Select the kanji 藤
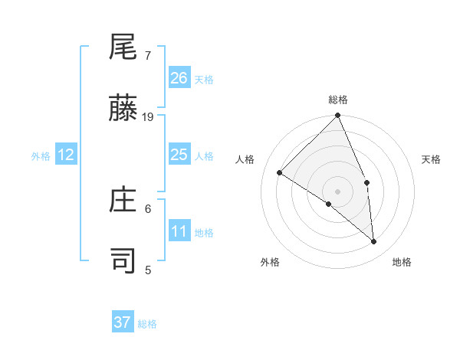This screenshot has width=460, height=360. [x=123, y=110]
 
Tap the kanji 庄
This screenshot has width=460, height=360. [x=123, y=201]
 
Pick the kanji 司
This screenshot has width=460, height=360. [x=123, y=261]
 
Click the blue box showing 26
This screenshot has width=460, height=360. [x=179, y=77]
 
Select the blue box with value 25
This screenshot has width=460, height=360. [x=179, y=155]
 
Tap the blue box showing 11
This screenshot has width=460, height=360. [x=179, y=231]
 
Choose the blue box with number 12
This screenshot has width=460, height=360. [x=66, y=155]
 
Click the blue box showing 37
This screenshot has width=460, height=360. [x=123, y=322]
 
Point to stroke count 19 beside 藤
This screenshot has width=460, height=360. [x=148, y=117]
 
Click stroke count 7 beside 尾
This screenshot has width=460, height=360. [x=148, y=56]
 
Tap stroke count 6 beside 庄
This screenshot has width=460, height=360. [x=148, y=208]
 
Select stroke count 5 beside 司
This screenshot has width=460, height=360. [x=148, y=270]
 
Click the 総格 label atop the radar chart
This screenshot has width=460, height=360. [x=338, y=100]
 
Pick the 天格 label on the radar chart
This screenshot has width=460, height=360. [x=431, y=159]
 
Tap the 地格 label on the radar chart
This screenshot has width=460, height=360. [x=402, y=262]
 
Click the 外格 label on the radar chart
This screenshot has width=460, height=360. [x=270, y=262]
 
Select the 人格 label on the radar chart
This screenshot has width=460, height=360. [x=245, y=159]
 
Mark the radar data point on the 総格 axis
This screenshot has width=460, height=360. [x=338, y=116]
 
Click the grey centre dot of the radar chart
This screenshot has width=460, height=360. [x=337, y=191]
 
